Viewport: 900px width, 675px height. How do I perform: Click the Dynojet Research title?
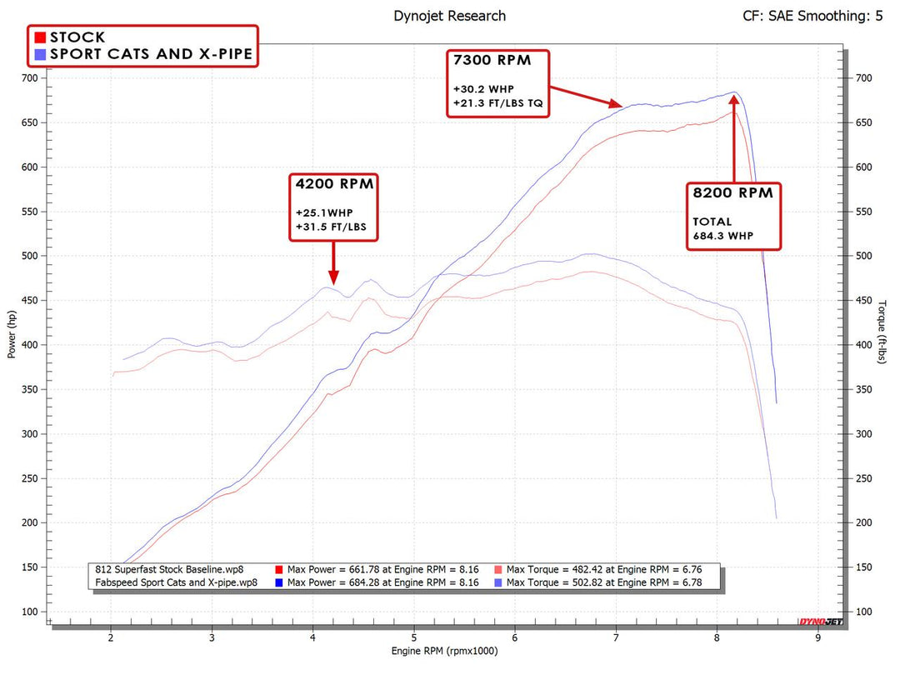(x=449, y=16)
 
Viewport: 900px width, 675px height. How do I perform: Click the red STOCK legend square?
(x=39, y=37)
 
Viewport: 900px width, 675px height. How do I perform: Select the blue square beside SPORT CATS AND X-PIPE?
(x=39, y=55)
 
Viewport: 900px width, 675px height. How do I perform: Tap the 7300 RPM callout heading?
(x=492, y=61)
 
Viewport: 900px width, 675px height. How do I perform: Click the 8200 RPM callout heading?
(x=733, y=192)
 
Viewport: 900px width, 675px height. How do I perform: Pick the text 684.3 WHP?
(x=724, y=235)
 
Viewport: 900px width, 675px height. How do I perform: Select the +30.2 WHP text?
(x=485, y=88)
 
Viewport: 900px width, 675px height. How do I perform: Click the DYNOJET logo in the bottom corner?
(x=820, y=622)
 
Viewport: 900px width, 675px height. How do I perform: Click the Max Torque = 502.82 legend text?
(x=601, y=582)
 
